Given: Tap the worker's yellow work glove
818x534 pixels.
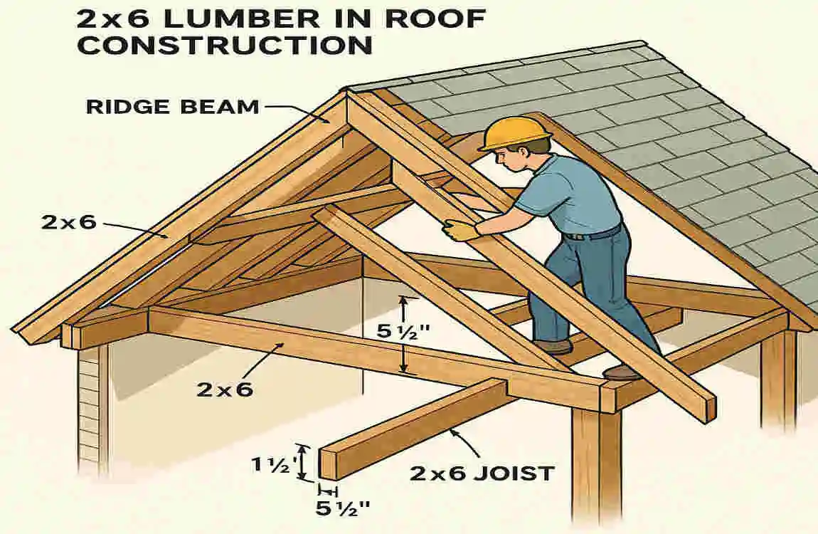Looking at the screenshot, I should coord(461,230).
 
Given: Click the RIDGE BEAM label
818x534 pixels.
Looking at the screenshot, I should coord(172,108).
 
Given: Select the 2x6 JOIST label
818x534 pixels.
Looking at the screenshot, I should coord(482,472).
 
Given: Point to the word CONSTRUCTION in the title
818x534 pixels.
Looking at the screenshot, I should coord(225,45).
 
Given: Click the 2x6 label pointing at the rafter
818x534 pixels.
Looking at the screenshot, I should coord(68,222).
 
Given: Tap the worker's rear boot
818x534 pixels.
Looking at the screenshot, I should coord(553,347).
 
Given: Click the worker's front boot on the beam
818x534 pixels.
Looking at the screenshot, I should coord(621,372).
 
